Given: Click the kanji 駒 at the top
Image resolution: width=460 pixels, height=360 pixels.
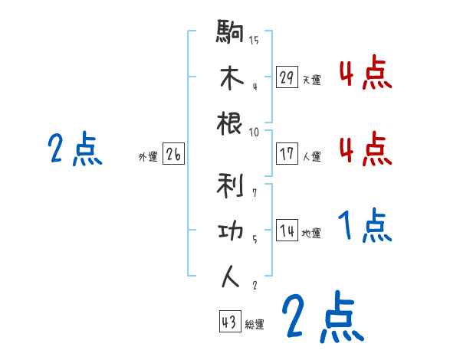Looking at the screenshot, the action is tap(231, 32).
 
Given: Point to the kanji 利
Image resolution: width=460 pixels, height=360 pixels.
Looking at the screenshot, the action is tap(231, 184).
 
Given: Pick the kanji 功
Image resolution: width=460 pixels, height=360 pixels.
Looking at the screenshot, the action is tap(231, 230).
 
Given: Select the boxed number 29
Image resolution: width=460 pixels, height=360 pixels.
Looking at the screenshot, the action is tap(287, 77).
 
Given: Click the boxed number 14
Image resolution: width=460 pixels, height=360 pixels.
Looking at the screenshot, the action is tap(287, 231).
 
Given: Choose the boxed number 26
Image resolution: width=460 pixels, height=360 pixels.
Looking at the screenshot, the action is tap(173, 154).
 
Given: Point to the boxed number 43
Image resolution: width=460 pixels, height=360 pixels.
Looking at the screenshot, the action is tap(229, 322).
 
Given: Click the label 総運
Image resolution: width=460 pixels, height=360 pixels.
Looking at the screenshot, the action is tap(255, 325).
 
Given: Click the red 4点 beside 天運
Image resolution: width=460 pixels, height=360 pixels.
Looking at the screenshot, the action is tap(365, 74).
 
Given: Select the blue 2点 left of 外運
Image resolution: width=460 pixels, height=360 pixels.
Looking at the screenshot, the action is tap(75, 149).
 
